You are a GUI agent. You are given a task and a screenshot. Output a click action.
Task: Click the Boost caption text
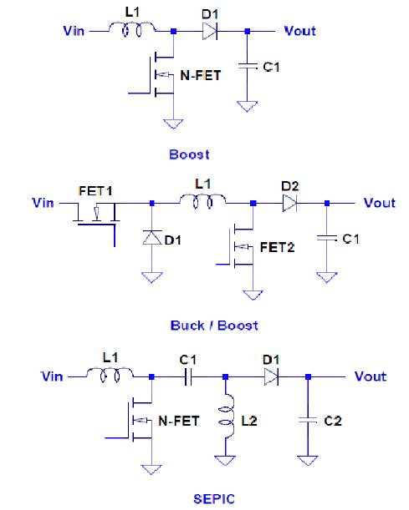[189, 154]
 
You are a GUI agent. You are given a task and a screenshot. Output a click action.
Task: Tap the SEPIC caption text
[214, 499]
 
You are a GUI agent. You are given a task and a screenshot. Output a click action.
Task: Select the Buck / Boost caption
[214, 326]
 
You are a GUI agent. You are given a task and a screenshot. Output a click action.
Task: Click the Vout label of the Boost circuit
[299, 31]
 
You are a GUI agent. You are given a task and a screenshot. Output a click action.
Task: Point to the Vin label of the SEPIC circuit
[52, 376]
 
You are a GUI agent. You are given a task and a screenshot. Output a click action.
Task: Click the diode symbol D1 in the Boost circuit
[210, 32]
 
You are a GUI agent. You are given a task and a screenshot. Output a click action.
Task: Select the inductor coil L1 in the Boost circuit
[132, 28]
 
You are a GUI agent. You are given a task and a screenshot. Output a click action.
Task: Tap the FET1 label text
[95, 191]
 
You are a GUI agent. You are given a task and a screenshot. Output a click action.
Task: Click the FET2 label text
[278, 248]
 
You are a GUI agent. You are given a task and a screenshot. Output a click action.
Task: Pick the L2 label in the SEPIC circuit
[249, 422]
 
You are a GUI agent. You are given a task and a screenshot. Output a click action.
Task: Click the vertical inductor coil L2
[228, 417]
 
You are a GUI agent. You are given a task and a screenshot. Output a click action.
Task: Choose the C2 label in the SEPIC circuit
[333, 421]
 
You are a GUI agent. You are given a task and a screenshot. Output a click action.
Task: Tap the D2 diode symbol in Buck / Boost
[289, 204]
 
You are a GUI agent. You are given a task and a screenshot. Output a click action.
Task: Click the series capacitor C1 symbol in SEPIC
[188, 377]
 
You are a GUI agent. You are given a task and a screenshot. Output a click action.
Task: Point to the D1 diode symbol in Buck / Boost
[152, 237]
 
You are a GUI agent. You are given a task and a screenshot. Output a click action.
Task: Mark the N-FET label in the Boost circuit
[201, 75]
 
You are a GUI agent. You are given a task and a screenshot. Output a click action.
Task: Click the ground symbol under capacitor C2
[308, 461]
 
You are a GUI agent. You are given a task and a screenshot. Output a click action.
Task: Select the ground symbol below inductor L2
[225, 461]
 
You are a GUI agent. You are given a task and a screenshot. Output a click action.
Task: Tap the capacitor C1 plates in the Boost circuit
[248, 66]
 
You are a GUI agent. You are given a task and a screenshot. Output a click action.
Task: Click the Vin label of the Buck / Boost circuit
[43, 203]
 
